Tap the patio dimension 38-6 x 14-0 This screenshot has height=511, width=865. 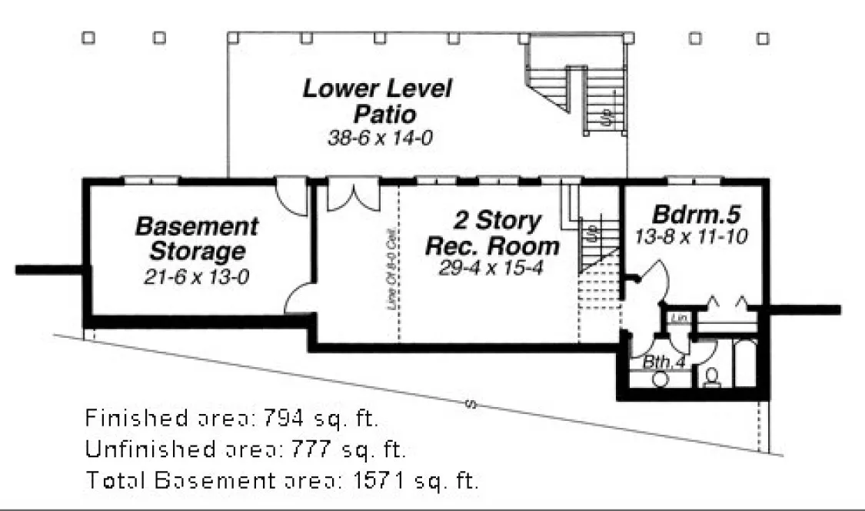[x=376, y=138]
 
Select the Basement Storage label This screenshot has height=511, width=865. [x=197, y=239]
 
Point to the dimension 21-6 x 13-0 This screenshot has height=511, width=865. [x=197, y=277]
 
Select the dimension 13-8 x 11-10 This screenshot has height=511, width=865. [x=691, y=236]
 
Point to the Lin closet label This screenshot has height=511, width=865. [x=677, y=318]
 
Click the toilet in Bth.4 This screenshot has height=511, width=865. [x=712, y=377]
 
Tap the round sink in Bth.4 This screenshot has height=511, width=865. [x=659, y=379]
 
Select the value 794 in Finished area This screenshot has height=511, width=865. [x=285, y=419]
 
